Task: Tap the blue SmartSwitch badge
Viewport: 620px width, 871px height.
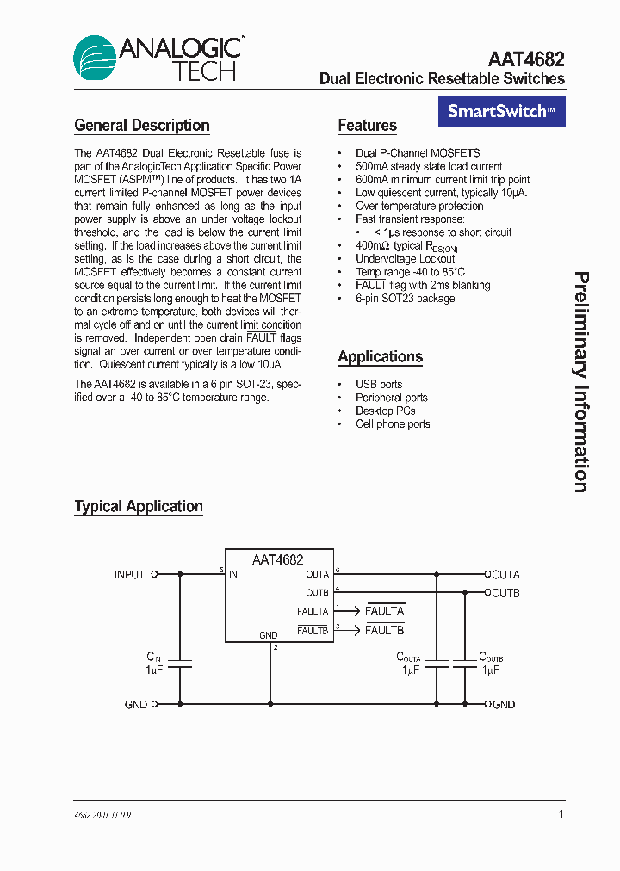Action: (501, 111)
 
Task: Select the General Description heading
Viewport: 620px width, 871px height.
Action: (142, 126)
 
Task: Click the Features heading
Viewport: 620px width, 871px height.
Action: (367, 126)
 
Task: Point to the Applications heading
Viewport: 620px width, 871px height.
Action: (380, 357)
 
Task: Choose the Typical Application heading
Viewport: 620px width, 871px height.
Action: (139, 507)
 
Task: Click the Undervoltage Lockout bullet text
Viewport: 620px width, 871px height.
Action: (405, 259)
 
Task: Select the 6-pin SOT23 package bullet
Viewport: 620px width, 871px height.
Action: (405, 299)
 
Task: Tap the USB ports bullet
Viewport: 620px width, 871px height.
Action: (379, 385)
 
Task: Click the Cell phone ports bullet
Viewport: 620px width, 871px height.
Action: (393, 424)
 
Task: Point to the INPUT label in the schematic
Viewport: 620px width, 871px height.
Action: (129, 574)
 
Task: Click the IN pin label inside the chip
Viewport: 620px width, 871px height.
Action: (233, 574)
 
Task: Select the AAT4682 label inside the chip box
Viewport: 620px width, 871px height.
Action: (277, 559)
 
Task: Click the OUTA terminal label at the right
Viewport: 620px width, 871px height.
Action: (505, 574)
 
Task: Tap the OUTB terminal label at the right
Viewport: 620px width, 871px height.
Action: (505, 593)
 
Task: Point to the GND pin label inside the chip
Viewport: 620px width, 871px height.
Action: (268, 636)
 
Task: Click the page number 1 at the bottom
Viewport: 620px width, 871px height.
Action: (561, 814)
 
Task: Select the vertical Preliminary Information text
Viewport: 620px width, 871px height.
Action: (582, 382)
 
